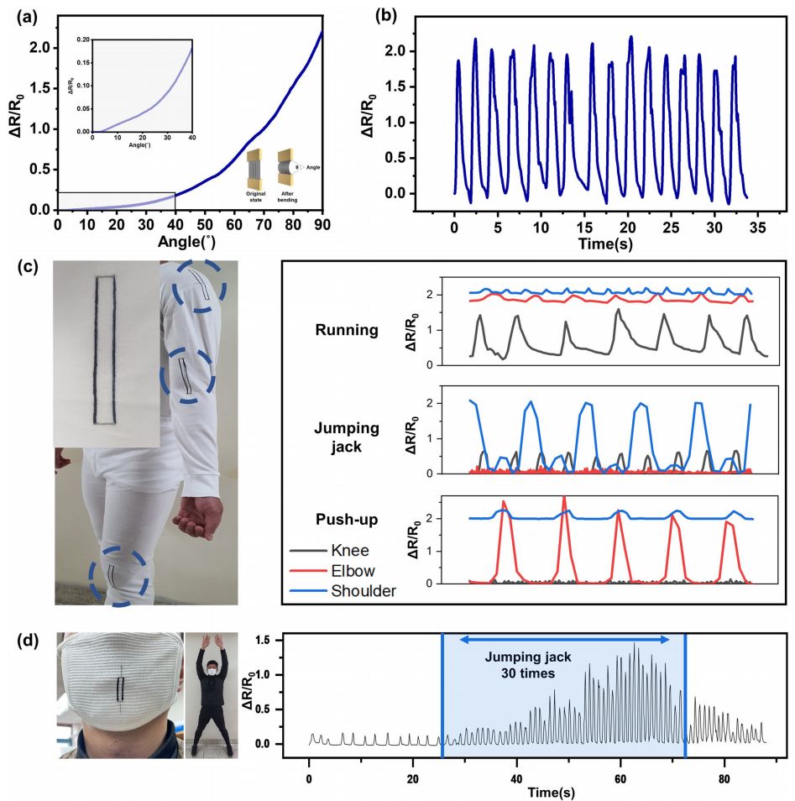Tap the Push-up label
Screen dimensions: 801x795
pos(351,520)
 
